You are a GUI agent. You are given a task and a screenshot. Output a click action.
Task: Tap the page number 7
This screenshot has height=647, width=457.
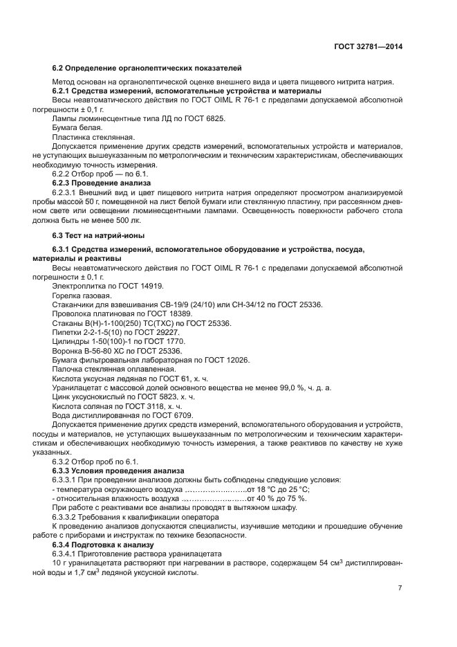pos(400,588)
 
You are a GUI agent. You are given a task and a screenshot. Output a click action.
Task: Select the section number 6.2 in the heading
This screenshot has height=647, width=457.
pos(59,68)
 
